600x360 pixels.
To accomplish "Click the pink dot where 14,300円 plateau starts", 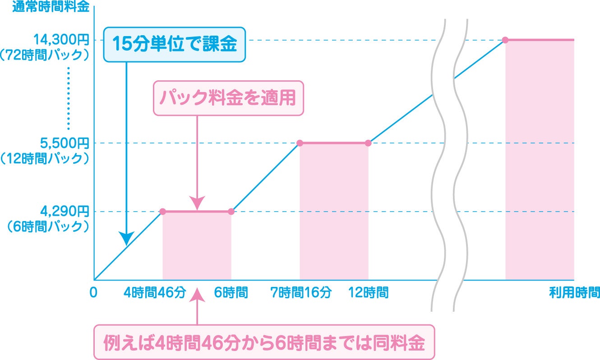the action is pos(505,40).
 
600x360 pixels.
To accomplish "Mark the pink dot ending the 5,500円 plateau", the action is pos(368,143).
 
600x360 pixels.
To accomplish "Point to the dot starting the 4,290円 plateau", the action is pos(163,212).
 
